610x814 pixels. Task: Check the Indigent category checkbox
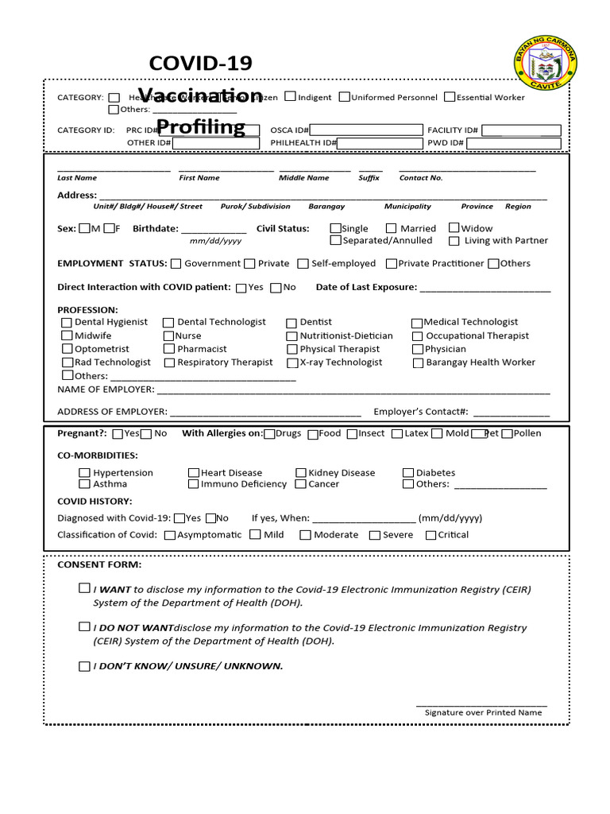tap(290, 97)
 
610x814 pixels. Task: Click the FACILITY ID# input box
tap(521, 130)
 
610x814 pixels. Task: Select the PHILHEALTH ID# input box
tap(380, 143)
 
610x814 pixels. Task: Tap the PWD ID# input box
tap(513, 143)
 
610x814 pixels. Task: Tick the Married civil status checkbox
tap(392, 228)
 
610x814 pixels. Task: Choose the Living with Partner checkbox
tap(454, 241)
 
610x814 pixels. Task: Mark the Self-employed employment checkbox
tap(303, 263)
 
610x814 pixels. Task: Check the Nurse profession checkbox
tap(168, 336)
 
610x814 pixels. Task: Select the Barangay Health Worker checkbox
tap(419, 362)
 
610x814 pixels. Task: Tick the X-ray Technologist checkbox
tap(292, 362)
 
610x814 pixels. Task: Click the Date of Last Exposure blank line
tap(485, 289)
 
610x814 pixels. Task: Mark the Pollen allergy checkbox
tap(507, 433)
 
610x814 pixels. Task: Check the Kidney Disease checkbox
tap(301, 472)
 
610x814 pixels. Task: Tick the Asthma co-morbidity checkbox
tap(85, 483)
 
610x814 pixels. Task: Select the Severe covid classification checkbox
tap(375, 535)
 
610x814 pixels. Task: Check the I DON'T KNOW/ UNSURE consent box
tap(84, 666)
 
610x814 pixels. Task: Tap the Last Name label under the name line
tap(77, 178)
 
